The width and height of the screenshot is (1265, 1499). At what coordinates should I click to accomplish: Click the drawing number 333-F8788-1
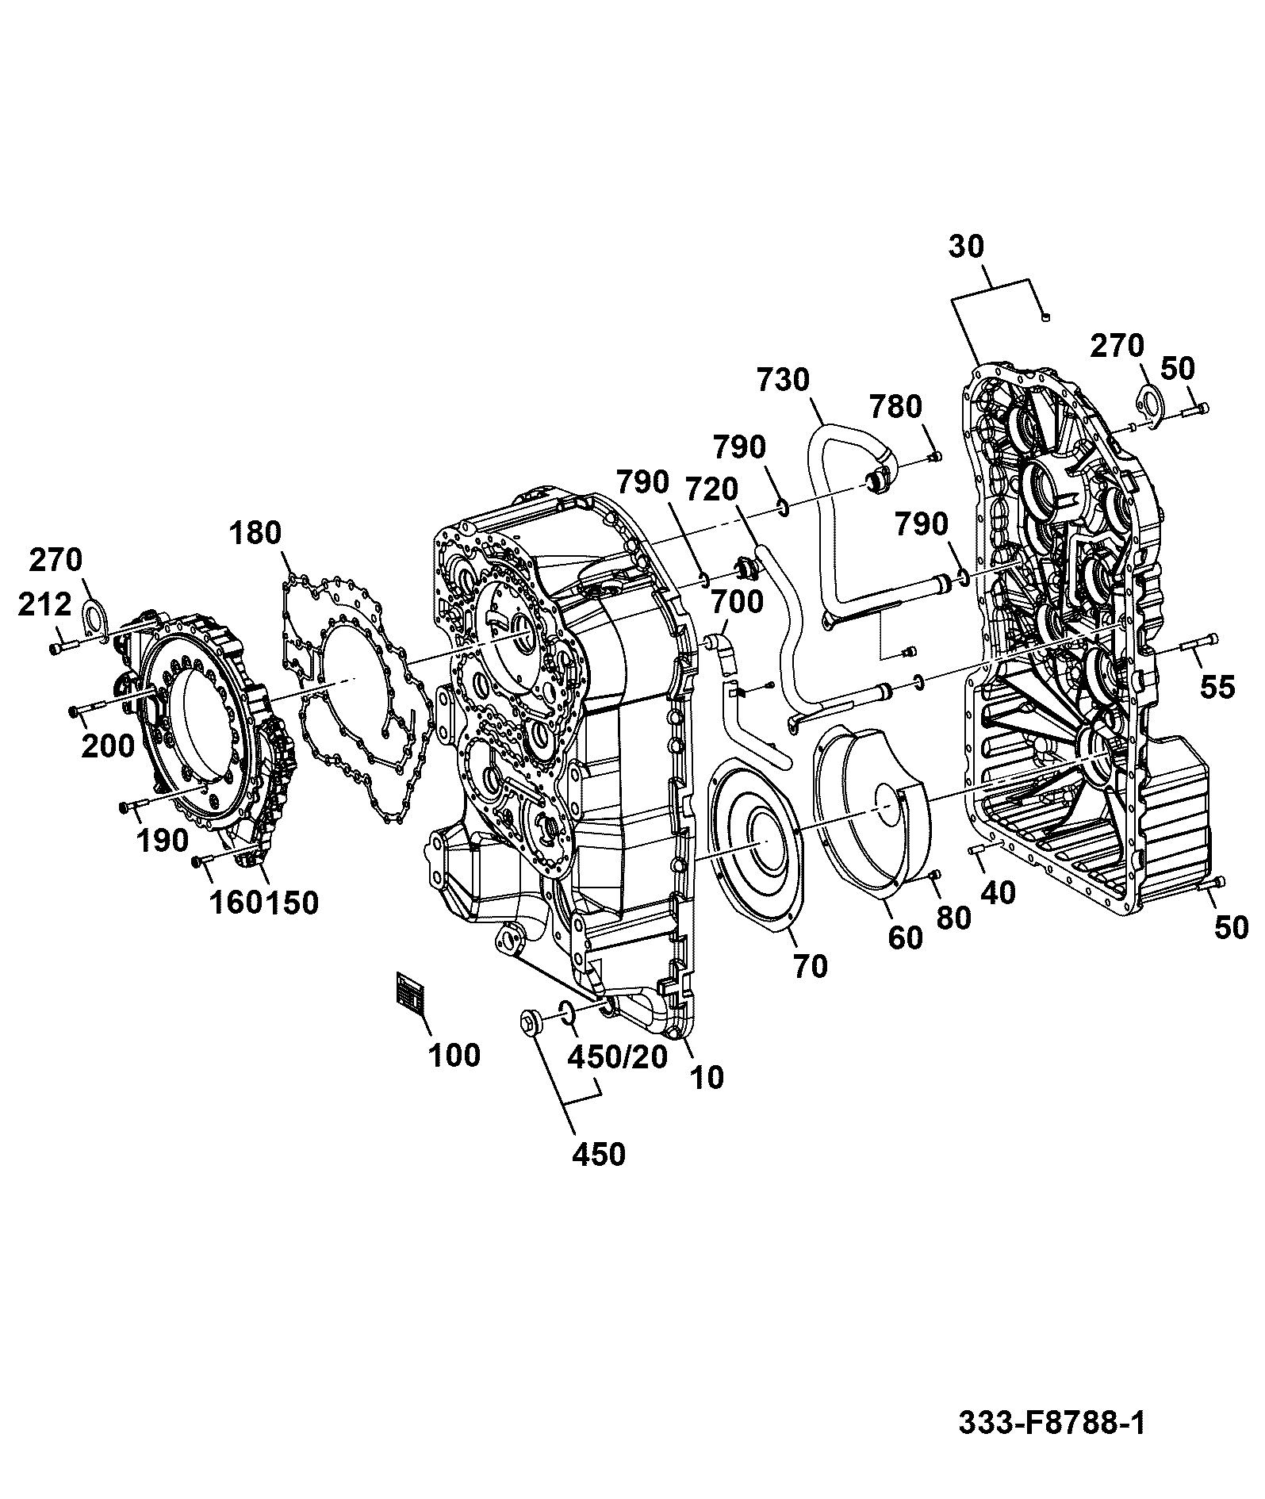(1052, 1422)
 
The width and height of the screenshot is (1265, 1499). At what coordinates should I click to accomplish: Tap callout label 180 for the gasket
(256, 533)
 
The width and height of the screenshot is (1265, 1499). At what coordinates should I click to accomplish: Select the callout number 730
(783, 380)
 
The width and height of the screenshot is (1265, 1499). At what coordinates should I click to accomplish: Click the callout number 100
(454, 1056)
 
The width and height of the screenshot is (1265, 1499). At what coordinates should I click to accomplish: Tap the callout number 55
(1217, 687)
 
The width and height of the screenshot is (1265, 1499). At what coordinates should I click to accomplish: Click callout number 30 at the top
(966, 247)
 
